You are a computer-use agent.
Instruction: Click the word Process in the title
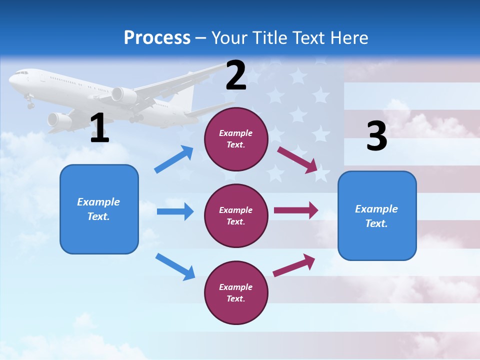click(x=157, y=38)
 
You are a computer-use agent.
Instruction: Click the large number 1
click(x=99, y=128)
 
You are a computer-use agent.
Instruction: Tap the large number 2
click(x=236, y=75)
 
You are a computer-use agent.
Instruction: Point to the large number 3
click(x=376, y=136)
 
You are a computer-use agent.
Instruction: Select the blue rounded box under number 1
click(x=99, y=209)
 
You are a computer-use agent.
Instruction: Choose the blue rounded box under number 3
click(x=377, y=215)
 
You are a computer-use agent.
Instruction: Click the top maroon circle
click(x=236, y=139)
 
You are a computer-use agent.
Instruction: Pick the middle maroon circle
click(x=236, y=215)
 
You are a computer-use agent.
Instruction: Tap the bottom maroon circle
click(x=236, y=292)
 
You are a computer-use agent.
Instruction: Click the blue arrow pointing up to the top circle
click(x=174, y=159)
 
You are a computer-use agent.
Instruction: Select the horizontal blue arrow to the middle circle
click(x=175, y=211)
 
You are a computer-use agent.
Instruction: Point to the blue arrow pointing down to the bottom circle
click(x=175, y=266)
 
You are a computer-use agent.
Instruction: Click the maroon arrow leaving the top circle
click(x=297, y=159)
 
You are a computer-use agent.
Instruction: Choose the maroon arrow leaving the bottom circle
click(x=294, y=265)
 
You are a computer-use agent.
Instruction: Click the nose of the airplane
click(x=11, y=79)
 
